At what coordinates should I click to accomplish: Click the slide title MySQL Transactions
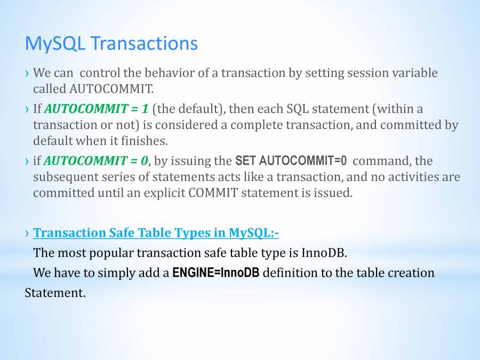click(x=111, y=44)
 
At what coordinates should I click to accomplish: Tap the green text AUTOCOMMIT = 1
click(x=97, y=109)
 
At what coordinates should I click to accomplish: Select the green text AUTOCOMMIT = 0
click(x=96, y=161)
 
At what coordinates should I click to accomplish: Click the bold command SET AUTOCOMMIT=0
click(x=291, y=161)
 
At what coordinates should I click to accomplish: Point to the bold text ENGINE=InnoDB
click(x=216, y=273)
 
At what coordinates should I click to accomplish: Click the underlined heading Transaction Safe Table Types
click(x=156, y=233)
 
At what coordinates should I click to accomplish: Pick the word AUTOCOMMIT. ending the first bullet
click(x=111, y=89)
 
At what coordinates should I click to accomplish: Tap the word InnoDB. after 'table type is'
click(x=324, y=253)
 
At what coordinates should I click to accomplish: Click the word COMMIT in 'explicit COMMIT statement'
click(x=213, y=193)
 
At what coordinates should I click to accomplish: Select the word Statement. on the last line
click(x=55, y=293)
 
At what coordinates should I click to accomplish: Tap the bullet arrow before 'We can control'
click(x=28, y=74)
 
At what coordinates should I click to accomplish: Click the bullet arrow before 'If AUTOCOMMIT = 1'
click(x=28, y=109)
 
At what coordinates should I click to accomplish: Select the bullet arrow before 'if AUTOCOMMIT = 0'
click(x=28, y=161)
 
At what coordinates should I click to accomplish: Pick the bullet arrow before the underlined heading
click(x=28, y=234)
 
